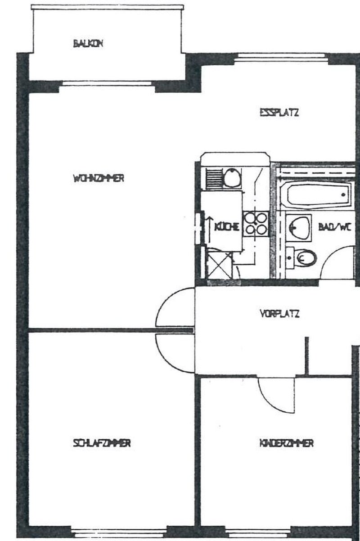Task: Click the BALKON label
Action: [88, 44]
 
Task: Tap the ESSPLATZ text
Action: [279, 113]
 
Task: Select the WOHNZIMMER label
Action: [99, 178]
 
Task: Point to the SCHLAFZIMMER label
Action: [102, 443]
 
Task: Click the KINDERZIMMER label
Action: [287, 443]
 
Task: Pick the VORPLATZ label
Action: [280, 314]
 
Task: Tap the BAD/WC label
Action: [335, 227]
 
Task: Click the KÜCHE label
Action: [227, 226]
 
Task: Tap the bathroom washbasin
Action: [299, 227]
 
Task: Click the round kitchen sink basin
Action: [232, 178]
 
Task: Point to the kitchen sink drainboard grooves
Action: [214, 179]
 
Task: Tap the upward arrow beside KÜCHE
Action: [210, 229]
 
